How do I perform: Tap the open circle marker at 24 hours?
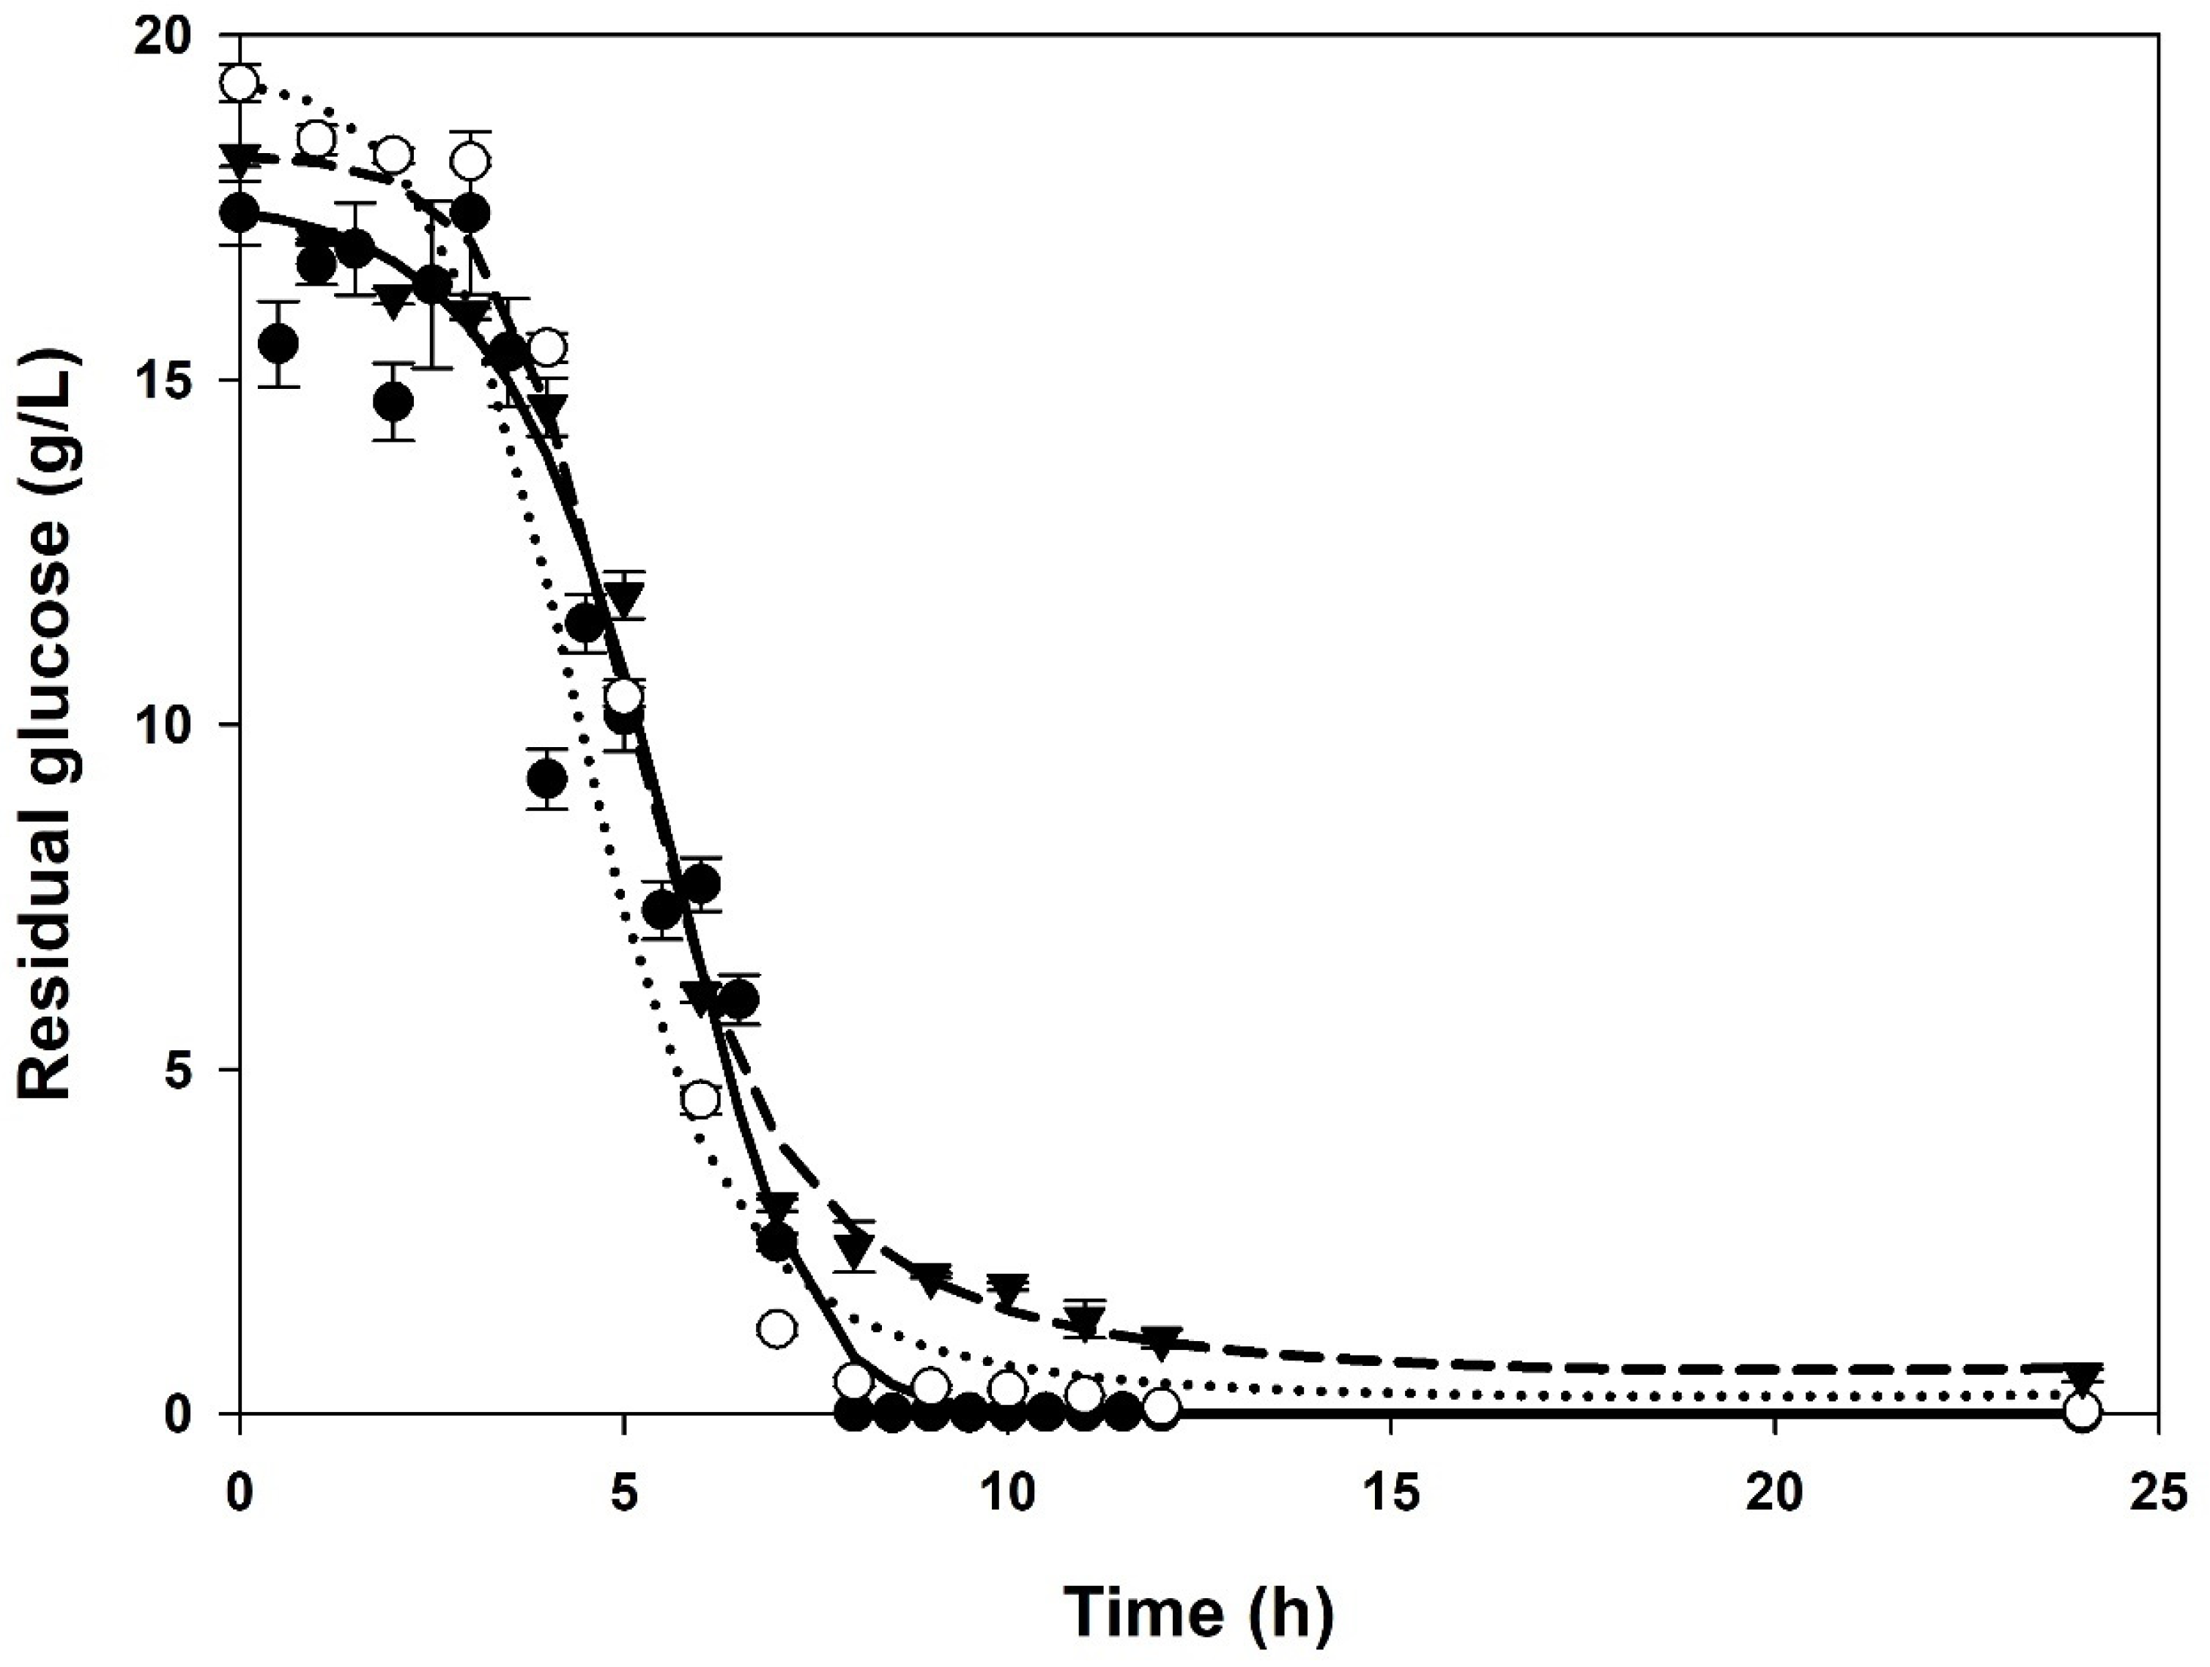click(x=2082, y=1411)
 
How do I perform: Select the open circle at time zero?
click(x=240, y=83)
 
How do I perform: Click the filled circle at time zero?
click(x=240, y=212)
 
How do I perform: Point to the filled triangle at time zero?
click(x=240, y=157)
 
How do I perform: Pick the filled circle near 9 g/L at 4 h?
click(x=546, y=778)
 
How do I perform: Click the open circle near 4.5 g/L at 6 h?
click(x=701, y=1099)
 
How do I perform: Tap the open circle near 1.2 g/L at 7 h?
click(x=777, y=1329)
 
